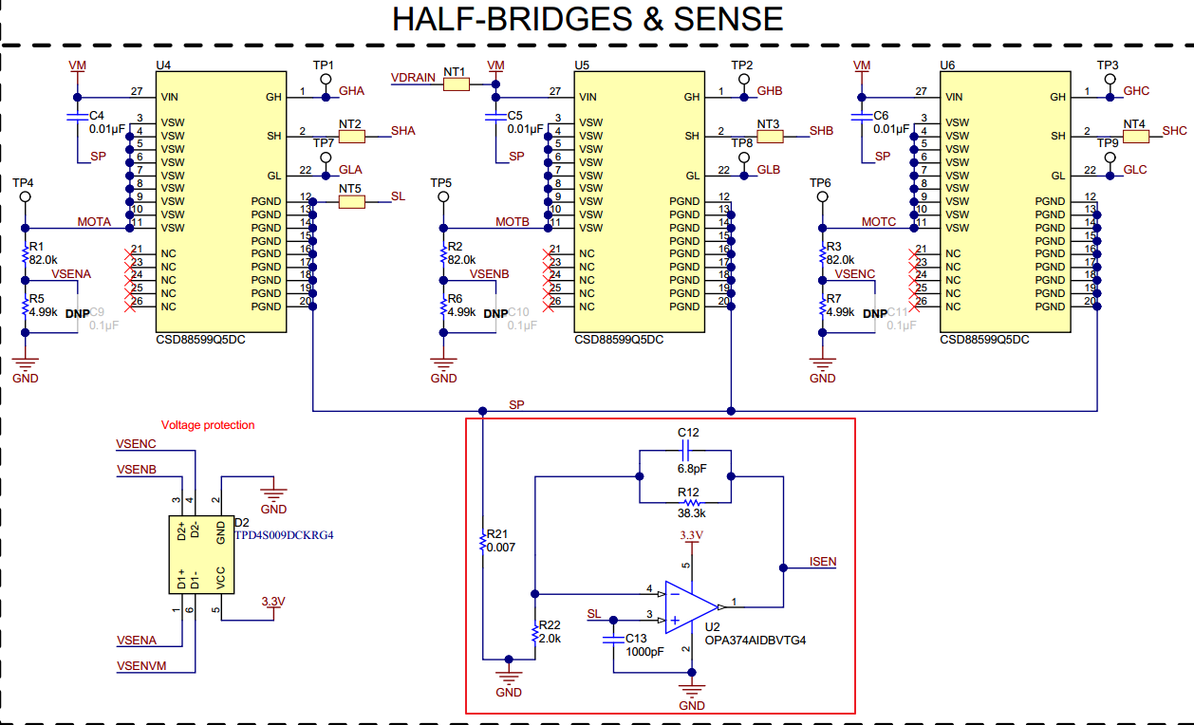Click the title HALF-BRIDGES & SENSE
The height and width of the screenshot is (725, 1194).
coord(588,19)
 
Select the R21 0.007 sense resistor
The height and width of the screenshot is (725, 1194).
coord(483,542)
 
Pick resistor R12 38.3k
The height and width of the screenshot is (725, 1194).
coord(688,503)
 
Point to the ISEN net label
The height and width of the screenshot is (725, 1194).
coord(822,562)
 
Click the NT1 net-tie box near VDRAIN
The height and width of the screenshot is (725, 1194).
coord(456,84)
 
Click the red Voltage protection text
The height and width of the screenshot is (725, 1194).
coord(208,425)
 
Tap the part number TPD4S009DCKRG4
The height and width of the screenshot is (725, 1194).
coord(284,535)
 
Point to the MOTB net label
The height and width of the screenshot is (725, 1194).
coord(512,222)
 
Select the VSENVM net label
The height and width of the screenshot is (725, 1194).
coord(140,666)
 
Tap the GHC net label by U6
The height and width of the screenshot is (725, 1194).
coord(1135,91)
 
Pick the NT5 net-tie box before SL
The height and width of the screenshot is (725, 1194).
coord(351,202)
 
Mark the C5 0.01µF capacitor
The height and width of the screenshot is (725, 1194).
coord(493,118)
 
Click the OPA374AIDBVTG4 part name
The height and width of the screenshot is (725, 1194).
coord(755,641)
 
